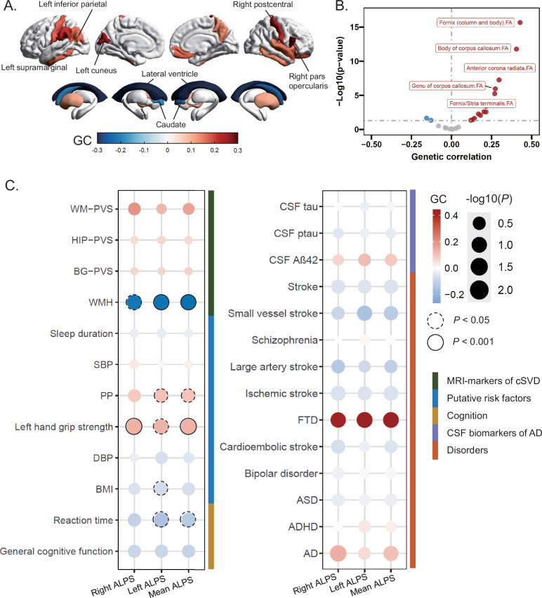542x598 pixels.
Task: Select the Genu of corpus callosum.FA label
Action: (448, 86)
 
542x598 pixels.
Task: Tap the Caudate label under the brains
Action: (152, 125)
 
